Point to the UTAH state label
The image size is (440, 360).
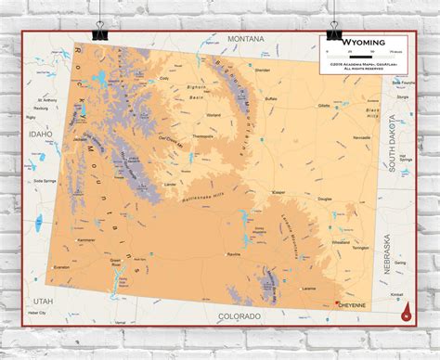click(44, 302)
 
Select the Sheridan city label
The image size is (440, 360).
click(263, 71)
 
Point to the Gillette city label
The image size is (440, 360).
click(324, 106)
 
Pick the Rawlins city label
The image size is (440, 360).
click(234, 253)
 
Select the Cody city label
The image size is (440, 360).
click(164, 79)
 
